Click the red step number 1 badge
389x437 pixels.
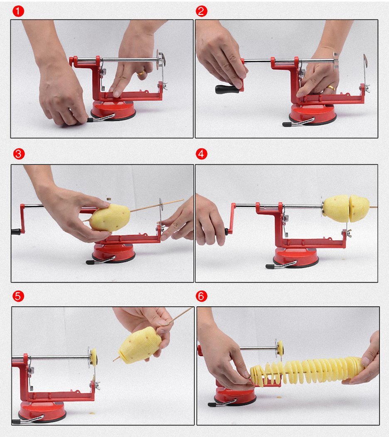(x=18, y=11)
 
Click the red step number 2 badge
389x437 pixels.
(x=202, y=11)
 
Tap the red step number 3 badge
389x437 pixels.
(x=19, y=154)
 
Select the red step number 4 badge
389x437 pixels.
(x=202, y=154)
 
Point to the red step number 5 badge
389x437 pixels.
(x=18, y=296)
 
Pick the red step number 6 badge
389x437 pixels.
(x=202, y=296)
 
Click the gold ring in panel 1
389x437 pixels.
(x=141, y=73)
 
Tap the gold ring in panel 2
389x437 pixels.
(x=331, y=88)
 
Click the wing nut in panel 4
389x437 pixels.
(x=347, y=233)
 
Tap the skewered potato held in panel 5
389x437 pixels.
(x=140, y=345)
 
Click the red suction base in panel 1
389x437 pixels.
(x=113, y=110)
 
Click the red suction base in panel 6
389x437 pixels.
(x=235, y=395)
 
